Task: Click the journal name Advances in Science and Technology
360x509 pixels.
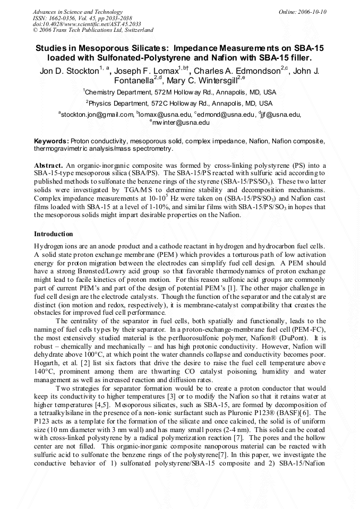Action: [78, 12]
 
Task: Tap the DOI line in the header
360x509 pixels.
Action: [87, 24]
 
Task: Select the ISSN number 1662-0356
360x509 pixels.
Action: [65, 18]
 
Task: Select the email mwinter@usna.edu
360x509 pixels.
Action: [181, 123]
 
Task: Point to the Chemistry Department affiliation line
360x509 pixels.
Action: [179, 92]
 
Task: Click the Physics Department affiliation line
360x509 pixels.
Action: [179, 103]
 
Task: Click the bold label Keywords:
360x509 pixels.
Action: [52, 142]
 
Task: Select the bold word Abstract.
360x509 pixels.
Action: [49, 166]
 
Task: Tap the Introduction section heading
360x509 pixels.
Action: [54, 234]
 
